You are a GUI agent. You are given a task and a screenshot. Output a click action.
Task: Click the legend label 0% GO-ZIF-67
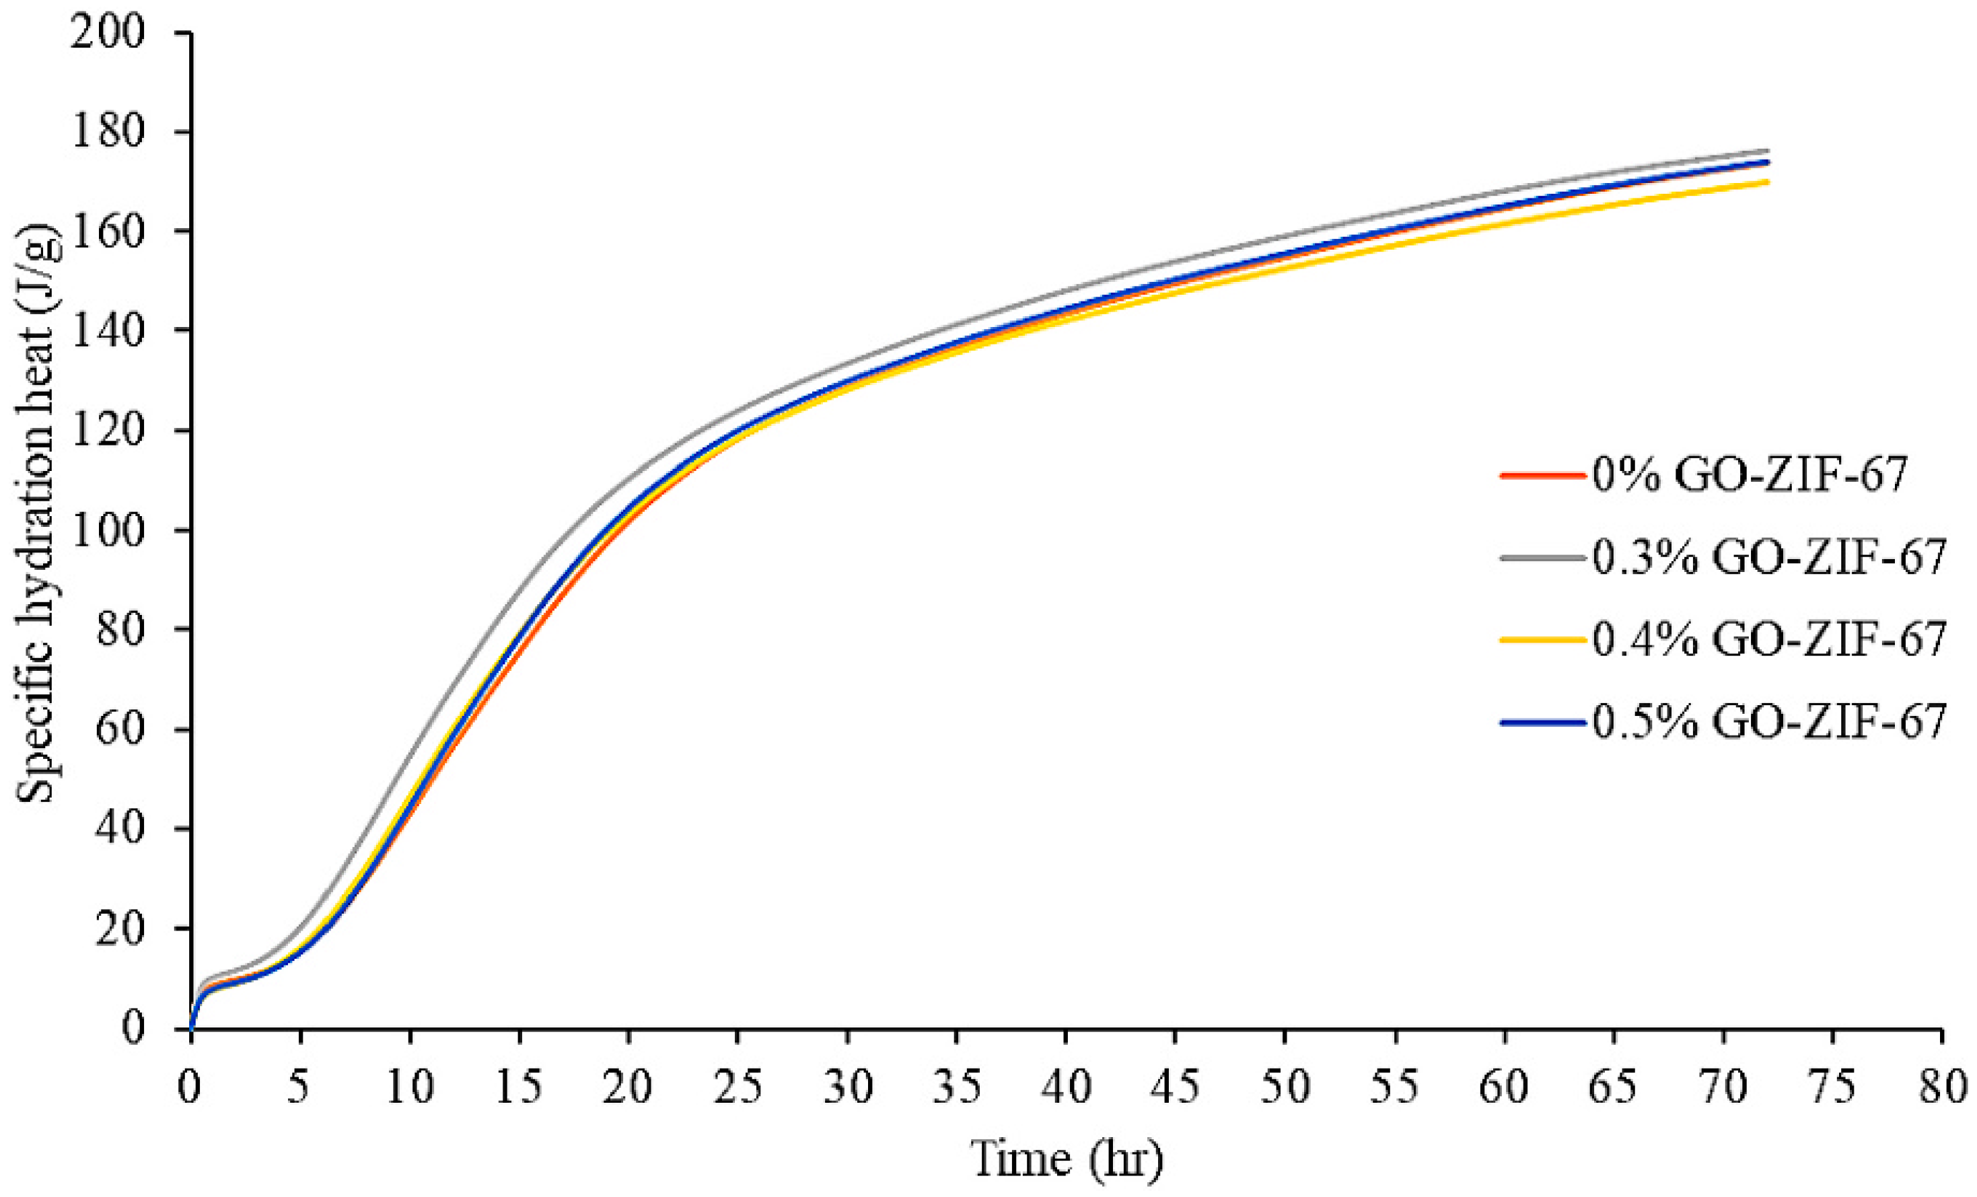[x=1749, y=475]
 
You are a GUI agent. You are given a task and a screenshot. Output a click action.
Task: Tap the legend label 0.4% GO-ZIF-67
[x=1769, y=639]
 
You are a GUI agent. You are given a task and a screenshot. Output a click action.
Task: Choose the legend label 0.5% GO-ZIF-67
[x=1769, y=722]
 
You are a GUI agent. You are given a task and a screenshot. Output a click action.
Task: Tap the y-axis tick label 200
[x=108, y=34]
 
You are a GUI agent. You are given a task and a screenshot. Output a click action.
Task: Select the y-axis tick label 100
[x=108, y=531]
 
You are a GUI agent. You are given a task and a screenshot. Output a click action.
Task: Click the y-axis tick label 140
[x=108, y=331]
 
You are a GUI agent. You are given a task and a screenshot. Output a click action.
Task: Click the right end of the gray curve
[x=1768, y=151]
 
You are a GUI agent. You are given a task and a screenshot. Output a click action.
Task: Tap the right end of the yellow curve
[x=1768, y=182]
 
